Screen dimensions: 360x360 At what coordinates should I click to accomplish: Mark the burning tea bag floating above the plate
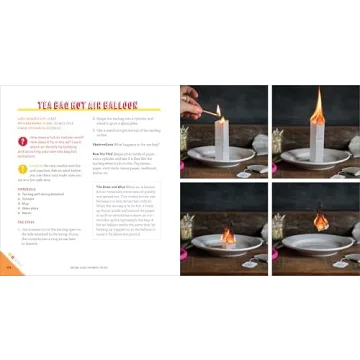(x=319, y=217)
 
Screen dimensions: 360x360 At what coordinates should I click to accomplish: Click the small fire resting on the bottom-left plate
(x=225, y=237)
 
